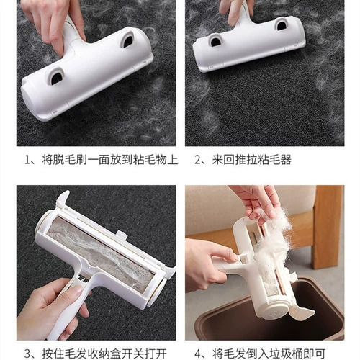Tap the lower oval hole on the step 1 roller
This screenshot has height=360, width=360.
coord(56,76)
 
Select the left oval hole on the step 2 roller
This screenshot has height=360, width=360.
coord(215,40)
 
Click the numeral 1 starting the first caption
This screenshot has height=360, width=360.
coord(28,160)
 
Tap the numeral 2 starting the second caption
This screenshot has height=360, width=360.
coord(197,160)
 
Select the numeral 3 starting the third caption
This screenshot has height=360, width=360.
coord(28,354)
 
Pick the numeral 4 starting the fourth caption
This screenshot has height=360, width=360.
coord(197,354)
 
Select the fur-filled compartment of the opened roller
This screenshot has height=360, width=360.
coord(100,253)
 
